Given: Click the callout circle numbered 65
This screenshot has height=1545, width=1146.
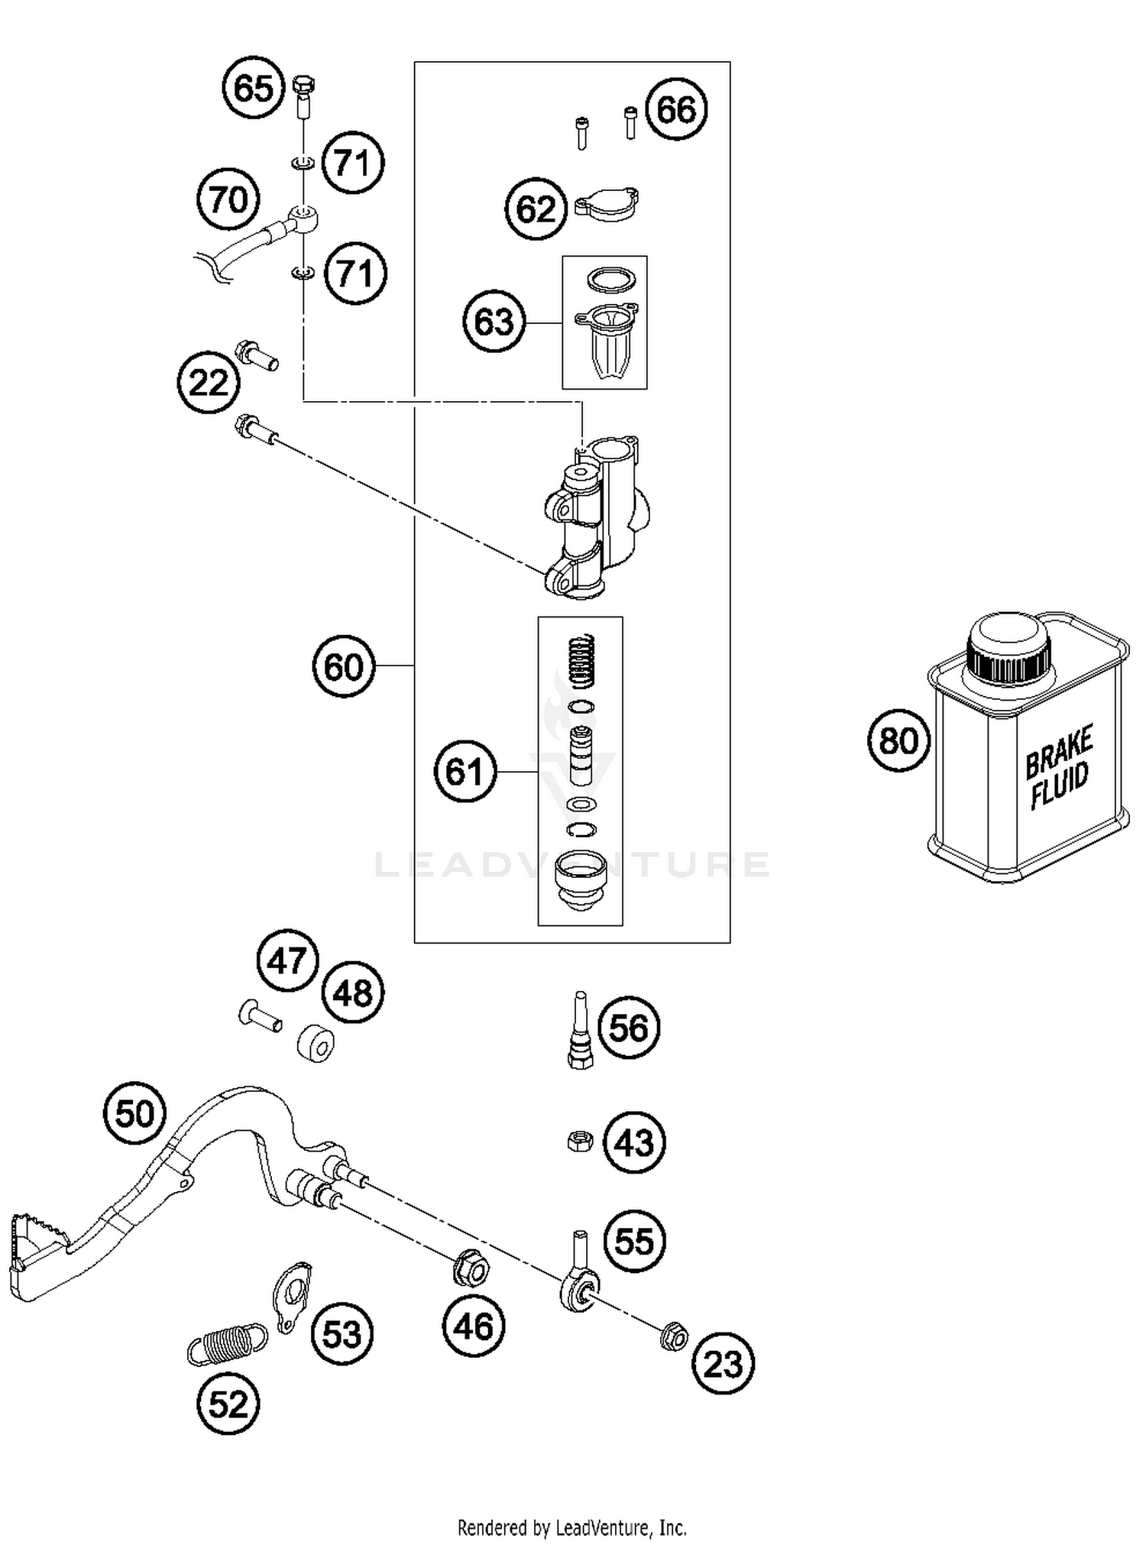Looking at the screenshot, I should [253, 87].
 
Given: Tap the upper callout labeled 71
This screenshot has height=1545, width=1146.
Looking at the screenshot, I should [352, 163].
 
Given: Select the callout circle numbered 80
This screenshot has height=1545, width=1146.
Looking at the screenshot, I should [898, 740].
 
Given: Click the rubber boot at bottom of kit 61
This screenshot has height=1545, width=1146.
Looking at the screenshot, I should [581, 880].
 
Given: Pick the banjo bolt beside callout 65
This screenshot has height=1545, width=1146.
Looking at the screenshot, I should [304, 96].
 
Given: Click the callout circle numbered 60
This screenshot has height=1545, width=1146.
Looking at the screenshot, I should [343, 666].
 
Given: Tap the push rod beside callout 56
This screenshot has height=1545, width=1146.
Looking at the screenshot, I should [581, 1029].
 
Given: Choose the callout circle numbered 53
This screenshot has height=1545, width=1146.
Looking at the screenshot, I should [342, 1334].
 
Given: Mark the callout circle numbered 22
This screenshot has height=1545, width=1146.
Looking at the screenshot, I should [208, 382].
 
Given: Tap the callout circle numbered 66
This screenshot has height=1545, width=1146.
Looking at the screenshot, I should [676, 109].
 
